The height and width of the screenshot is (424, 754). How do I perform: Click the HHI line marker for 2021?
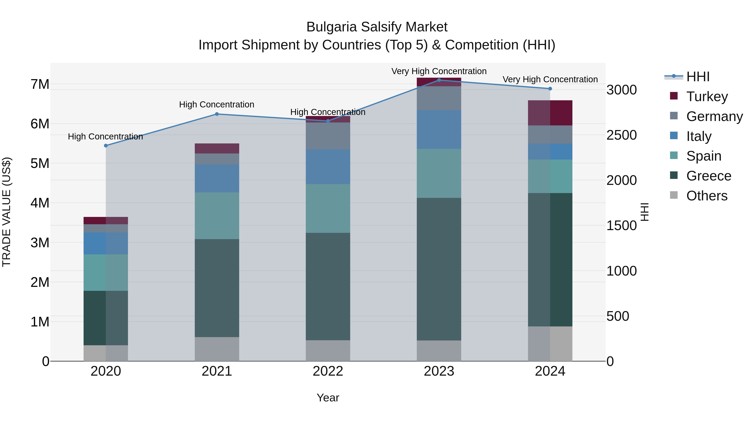tap(217, 114)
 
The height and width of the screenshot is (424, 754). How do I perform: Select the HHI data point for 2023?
tap(439, 80)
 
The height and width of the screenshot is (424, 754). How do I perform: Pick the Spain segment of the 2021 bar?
tap(217, 216)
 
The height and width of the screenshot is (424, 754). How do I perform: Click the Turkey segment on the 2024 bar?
tap(550, 113)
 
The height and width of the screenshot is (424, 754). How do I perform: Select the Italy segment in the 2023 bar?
tap(439, 129)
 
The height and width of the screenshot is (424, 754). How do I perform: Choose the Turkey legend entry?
tap(707, 96)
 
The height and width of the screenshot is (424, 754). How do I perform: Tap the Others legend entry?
tap(707, 196)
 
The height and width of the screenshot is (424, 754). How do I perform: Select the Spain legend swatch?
tap(674, 156)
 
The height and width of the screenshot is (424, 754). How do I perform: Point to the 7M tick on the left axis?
tap(40, 84)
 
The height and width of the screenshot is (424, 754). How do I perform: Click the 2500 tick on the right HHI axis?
tap(621, 135)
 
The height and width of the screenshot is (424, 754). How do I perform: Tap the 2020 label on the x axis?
tap(106, 371)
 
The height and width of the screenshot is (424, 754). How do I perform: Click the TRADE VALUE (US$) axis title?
tap(6, 212)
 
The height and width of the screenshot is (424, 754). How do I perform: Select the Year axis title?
tap(328, 398)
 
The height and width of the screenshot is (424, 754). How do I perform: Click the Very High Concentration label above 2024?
tap(550, 79)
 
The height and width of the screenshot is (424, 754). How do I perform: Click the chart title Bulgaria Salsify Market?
tap(377, 27)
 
